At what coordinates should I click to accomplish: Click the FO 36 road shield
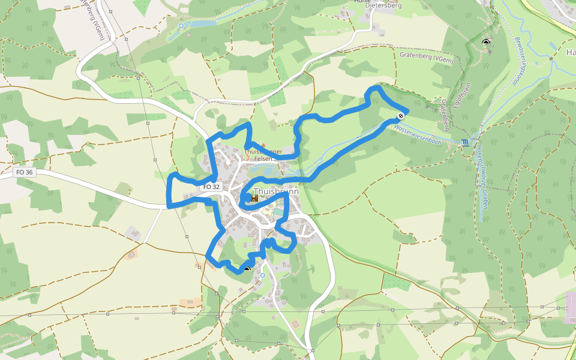coord(25,172)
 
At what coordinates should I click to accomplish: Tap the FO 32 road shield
coord(211,187)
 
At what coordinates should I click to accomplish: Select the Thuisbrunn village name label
coord(277,192)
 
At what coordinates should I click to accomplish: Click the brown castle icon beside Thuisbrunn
coord(254,197)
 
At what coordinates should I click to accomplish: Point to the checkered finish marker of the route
coord(400,115)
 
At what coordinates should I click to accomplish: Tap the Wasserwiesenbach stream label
coord(418,133)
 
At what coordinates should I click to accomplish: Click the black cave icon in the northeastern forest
coord(485,42)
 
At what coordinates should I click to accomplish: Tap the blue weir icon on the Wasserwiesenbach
coord(466,143)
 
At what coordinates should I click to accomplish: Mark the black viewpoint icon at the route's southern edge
coord(247,268)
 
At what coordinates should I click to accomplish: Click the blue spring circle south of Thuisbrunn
coord(262,275)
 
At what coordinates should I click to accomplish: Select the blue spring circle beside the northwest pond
coord(181,26)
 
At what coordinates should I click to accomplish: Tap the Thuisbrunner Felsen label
coord(263,155)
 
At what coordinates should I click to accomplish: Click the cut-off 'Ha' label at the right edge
coord(571,52)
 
